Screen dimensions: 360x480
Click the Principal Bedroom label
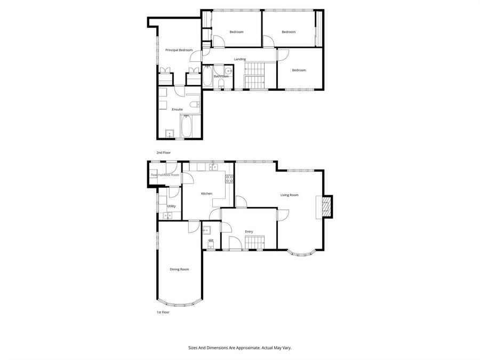pos(179,50)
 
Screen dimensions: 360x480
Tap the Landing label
pos(240,59)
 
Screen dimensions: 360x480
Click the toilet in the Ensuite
pos(195,104)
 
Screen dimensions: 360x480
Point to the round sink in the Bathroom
pos(229,70)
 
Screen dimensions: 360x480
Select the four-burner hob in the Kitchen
pos(229,179)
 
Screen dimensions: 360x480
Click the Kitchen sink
pos(213,167)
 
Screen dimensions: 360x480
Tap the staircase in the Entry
pos(255,243)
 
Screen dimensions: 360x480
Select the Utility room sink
pos(168,216)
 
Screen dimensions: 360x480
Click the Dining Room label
pos(179,269)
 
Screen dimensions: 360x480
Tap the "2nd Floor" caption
pos(163,153)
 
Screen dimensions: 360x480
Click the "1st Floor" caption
pos(163,312)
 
